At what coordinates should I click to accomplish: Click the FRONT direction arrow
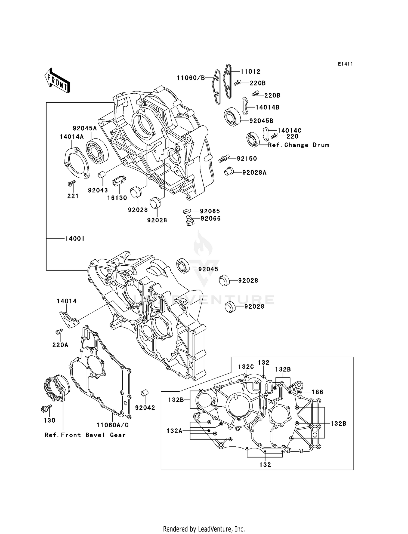57,81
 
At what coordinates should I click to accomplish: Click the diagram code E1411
345,64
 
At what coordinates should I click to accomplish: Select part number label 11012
250,72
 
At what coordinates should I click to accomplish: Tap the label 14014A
72,137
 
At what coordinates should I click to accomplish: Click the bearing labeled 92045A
97,151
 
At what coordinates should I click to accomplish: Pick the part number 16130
117,198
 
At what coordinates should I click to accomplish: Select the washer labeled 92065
187,211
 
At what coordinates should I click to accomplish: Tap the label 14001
75,239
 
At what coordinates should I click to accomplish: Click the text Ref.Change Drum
298,145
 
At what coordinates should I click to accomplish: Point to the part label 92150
247,159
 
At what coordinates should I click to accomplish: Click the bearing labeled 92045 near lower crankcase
183,266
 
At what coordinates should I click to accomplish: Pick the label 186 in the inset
317,392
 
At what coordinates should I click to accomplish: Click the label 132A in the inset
174,431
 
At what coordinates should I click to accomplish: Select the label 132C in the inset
246,367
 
